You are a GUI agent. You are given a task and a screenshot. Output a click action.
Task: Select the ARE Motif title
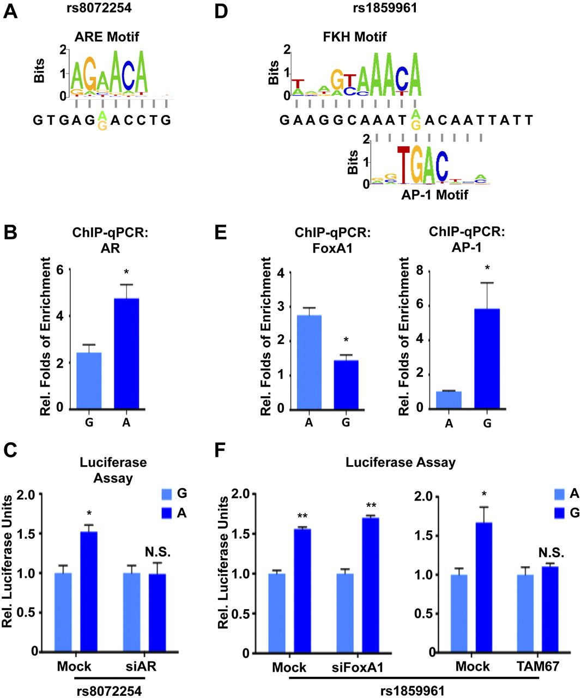106,37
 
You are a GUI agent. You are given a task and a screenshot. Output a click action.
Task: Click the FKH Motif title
355,37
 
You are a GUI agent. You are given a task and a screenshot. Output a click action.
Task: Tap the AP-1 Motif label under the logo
433,194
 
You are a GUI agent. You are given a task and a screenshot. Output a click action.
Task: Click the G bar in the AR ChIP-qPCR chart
89,381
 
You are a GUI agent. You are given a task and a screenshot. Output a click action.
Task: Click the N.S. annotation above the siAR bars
158,552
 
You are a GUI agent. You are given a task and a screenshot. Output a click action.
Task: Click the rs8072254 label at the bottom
108,691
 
